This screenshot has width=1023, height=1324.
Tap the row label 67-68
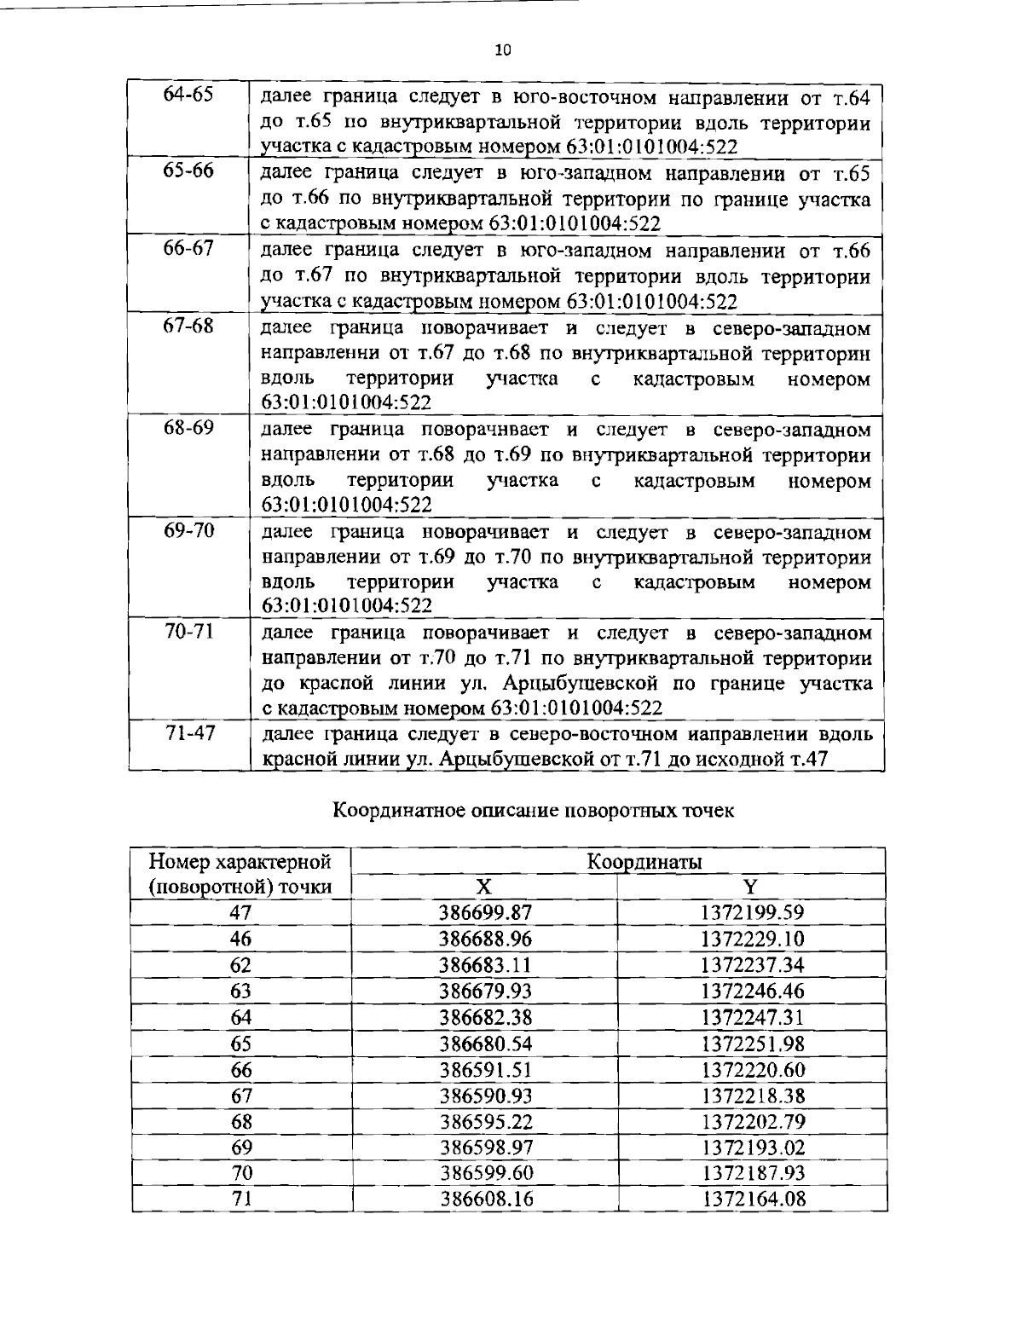coord(188,327)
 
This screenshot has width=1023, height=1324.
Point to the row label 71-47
coord(188,733)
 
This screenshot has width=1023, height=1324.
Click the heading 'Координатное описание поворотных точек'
coord(533,810)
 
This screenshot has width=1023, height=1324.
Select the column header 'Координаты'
coord(644,862)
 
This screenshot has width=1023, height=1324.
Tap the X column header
coord(484,887)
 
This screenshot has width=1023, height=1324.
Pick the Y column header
coord(750,887)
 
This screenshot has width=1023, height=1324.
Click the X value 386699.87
coord(485,913)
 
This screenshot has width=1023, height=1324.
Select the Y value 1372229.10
coord(752,940)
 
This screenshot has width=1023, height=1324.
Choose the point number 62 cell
coord(241,966)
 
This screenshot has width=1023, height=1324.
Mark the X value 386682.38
coord(485,1017)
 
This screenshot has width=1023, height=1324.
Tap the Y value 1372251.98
coord(752,1044)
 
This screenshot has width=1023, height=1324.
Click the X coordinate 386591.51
coord(485,1070)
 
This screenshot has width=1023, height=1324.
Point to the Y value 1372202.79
coord(752,1121)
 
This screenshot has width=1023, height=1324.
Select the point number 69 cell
coord(241,1148)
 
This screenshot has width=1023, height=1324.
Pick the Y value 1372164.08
coord(752,1200)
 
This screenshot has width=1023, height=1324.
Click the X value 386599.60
coord(485,1173)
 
